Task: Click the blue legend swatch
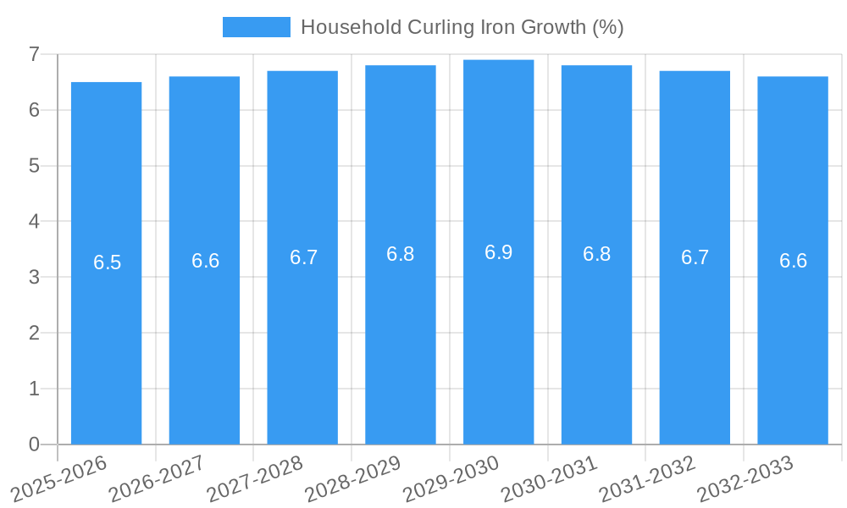[x=256, y=27]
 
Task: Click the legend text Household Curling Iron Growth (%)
[x=462, y=27]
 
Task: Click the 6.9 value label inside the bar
[x=498, y=252]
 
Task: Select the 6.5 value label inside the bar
[x=107, y=262]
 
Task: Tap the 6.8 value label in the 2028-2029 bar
[x=400, y=254]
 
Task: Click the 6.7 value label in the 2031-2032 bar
[x=695, y=257]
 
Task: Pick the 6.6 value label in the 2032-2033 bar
[x=793, y=261]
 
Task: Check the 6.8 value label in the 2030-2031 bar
[x=596, y=254]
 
